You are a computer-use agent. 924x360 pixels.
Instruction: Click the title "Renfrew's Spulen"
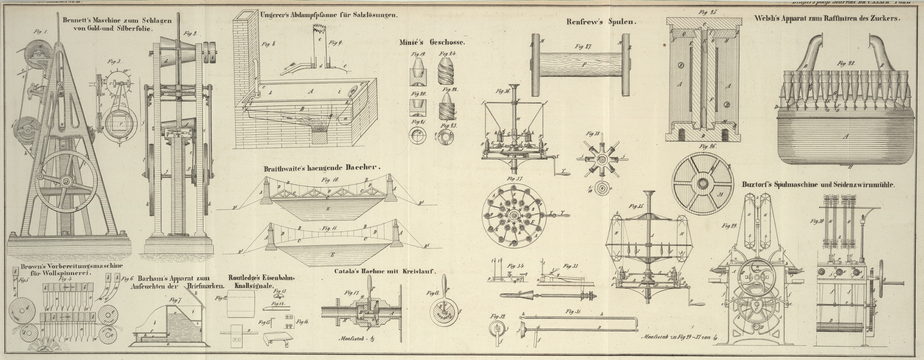tap(601, 22)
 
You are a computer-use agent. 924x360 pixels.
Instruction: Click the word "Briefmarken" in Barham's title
tap(205, 287)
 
